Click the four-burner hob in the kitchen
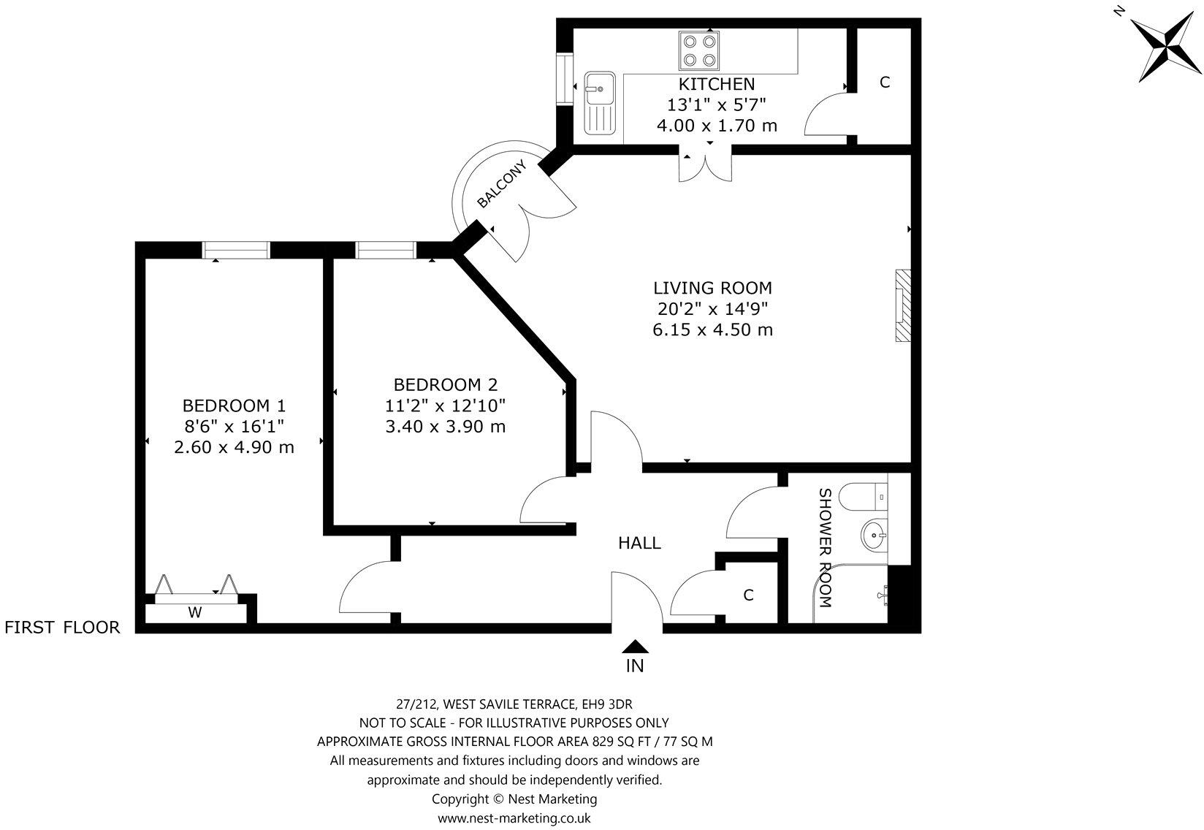coord(699,50)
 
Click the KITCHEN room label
coord(716,83)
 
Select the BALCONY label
coord(502,185)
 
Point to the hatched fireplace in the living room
coord(904,305)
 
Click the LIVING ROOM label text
coord(712,288)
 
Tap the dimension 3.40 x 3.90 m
coord(445,426)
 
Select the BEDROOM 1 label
coord(234,406)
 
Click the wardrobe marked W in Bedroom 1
coord(195,612)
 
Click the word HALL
coord(639,543)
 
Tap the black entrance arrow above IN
coord(636,646)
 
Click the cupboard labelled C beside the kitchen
coord(884,83)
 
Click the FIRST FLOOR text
coord(62,627)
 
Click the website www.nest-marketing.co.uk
coord(514,818)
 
